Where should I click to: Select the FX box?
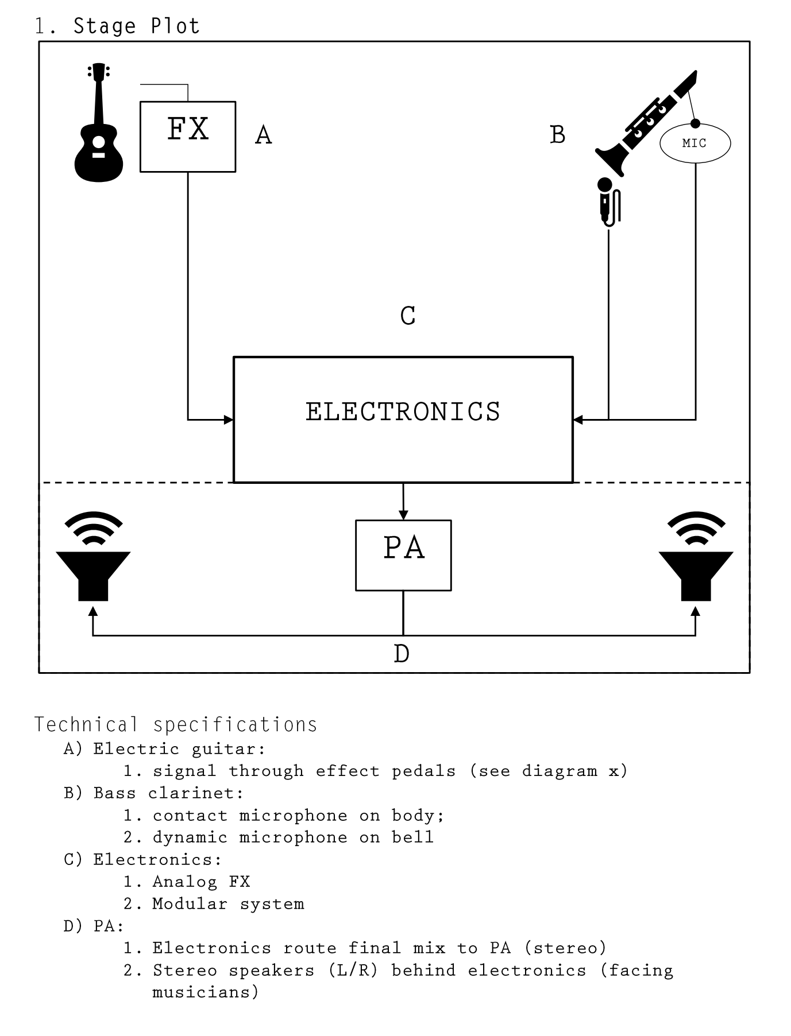pyautogui.click(x=188, y=137)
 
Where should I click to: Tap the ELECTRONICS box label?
pyautogui.click(x=403, y=412)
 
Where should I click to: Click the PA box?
pyautogui.click(x=403, y=555)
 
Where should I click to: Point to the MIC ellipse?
pyautogui.click(x=695, y=143)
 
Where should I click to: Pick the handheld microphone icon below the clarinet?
pyautogui.click(x=608, y=204)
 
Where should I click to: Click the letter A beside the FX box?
pyautogui.click(x=263, y=135)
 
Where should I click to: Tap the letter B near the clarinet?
pyautogui.click(x=557, y=135)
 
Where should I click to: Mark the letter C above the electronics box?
pyautogui.click(x=408, y=316)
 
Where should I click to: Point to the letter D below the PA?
pyautogui.click(x=402, y=654)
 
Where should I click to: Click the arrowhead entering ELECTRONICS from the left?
pyautogui.click(x=229, y=420)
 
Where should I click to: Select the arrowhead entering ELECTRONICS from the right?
pyautogui.click(x=578, y=420)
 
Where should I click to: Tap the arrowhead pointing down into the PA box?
pyautogui.click(x=403, y=515)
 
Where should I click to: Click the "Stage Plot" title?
pyautogui.click(x=136, y=26)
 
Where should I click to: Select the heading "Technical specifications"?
pyautogui.click(x=176, y=725)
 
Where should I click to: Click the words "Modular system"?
pyautogui.click(x=228, y=904)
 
